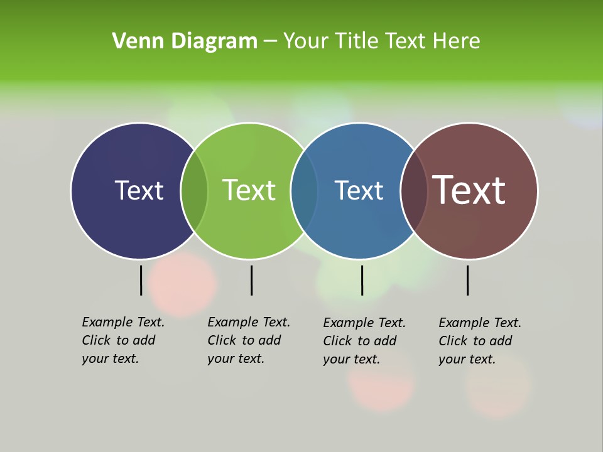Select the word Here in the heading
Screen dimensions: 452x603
click(x=457, y=41)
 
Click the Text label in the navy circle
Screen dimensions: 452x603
click(x=139, y=190)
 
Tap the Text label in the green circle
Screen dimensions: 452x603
click(x=249, y=190)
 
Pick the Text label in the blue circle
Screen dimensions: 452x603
click(x=359, y=190)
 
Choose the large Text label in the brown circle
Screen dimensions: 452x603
click(x=469, y=190)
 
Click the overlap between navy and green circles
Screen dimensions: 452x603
click(x=194, y=191)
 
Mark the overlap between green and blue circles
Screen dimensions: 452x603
click(x=304, y=191)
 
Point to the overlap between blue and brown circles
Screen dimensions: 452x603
click(x=414, y=191)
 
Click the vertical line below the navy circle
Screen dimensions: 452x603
click(x=141, y=280)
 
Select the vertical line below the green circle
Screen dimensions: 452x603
click(x=251, y=280)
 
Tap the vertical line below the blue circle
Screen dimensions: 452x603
click(x=362, y=280)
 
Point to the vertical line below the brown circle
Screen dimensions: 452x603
click(x=467, y=280)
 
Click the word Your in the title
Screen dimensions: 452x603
click(x=306, y=41)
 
